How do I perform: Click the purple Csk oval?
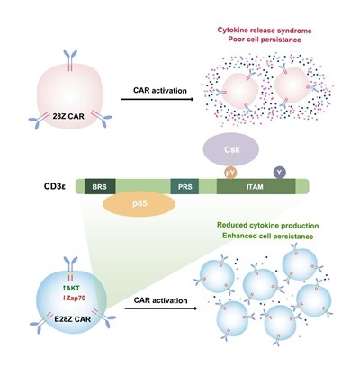pyautogui.click(x=231, y=149)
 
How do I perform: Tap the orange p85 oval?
pyautogui.click(x=139, y=204)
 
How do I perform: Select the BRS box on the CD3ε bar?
pyautogui.click(x=100, y=187)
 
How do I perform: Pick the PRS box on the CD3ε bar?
pyautogui.click(x=184, y=187)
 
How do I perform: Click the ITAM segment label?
pyautogui.click(x=255, y=187)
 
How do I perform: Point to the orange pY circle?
pyautogui.click(x=231, y=173)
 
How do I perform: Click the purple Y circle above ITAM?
pyautogui.click(x=280, y=173)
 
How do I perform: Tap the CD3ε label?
pyautogui.click(x=55, y=187)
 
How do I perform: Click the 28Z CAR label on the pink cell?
pyautogui.click(x=68, y=116)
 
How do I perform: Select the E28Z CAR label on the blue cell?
pyautogui.click(x=73, y=319)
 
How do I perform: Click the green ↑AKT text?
pyautogui.click(x=71, y=289)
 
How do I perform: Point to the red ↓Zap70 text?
pyautogui.click(x=72, y=299)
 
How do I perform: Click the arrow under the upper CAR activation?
pyautogui.click(x=158, y=99)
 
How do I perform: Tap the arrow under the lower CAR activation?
pyautogui.click(x=161, y=308)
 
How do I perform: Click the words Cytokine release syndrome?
pyautogui.click(x=265, y=31)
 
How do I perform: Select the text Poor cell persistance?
pyautogui.click(x=265, y=40)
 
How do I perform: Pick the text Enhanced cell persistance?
pyautogui.click(x=268, y=236)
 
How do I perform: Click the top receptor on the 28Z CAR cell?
pyautogui.click(x=70, y=61)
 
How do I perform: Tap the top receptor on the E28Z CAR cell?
pyautogui.click(x=70, y=269)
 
